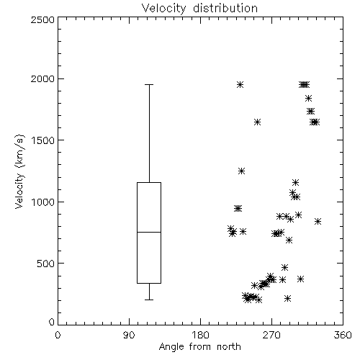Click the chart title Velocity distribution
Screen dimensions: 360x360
pos(199,8)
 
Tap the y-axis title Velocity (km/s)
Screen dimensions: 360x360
pos(19,171)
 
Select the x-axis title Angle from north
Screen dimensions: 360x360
pos(199,347)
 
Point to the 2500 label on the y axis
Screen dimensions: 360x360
pos(43,19)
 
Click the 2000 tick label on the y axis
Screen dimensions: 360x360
pos(43,78)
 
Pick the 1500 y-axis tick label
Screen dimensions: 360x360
pos(43,140)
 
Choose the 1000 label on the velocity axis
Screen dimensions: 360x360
pos(43,202)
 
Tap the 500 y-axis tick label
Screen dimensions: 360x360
pos(46,264)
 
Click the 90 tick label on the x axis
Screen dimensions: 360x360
pos(129,335)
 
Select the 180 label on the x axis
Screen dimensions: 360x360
pos(200,335)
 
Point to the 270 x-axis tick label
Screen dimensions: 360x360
pos(271,335)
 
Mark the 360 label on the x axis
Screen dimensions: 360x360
pos(343,335)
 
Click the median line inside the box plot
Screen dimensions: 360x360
pos(149,232)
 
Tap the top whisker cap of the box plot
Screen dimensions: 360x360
pos(149,84)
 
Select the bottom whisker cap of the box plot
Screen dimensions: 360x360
pos(149,300)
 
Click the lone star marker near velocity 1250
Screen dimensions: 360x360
pos(241,171)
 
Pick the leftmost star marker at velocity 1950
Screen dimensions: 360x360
pos(240,84)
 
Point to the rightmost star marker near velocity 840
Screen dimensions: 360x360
pos(318,221)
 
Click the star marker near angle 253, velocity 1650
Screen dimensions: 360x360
pos(257,122)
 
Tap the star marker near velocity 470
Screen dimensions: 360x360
pos(284,267)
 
